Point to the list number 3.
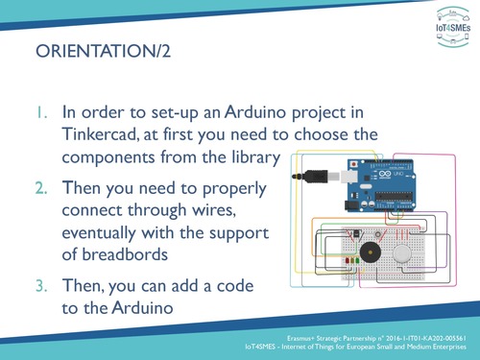point(42,285)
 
